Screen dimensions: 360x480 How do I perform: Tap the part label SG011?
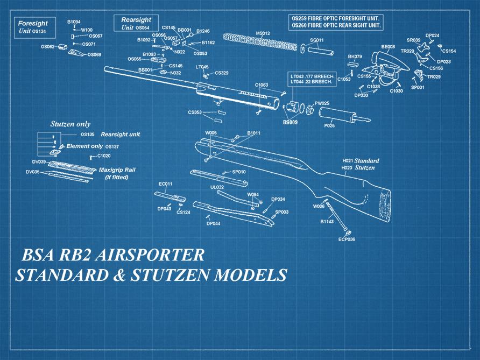[317, 40]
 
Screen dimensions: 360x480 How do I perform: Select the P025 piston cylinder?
[336, 115]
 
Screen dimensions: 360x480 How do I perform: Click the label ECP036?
[347, 239]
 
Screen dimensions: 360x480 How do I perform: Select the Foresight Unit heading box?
[33, 27]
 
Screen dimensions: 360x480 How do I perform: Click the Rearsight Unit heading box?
[136, 24]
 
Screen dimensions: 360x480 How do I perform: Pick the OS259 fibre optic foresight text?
[336, 18]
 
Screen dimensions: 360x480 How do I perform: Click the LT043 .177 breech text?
[313, 77]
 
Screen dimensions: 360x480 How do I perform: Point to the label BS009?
[291, 123]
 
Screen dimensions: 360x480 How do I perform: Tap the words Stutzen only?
[70, 124]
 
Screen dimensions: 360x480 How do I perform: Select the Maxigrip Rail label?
[117, 170]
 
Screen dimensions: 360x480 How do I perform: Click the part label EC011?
[165, 184]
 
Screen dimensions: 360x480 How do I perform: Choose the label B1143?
[327, 222]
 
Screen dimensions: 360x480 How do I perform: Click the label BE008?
[388, 47]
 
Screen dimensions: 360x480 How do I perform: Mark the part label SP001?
[418, 87]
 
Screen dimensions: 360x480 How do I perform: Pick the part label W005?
[211, 132]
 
